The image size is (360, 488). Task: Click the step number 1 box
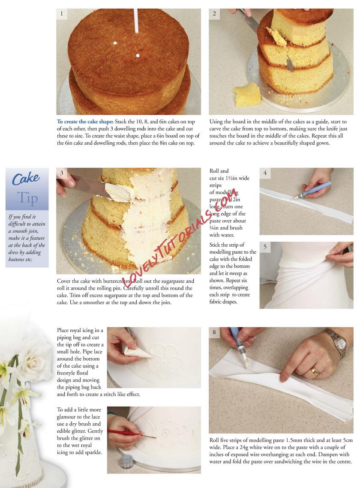pos(62,14)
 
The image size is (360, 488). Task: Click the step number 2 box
pos(214,14)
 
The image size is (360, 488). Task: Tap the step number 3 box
pos(62,173)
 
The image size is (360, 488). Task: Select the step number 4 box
pos(265,173)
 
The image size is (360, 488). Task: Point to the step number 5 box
pos(265,247)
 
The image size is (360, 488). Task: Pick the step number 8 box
pos(214,332)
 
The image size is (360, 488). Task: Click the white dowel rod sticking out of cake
pos(136,21)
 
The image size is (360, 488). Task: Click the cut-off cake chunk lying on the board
pos(246,95)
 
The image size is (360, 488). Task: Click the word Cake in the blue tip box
pos(26,179)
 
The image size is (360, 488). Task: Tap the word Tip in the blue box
pos(27,198)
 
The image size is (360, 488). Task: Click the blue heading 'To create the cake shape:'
pos(85,122)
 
